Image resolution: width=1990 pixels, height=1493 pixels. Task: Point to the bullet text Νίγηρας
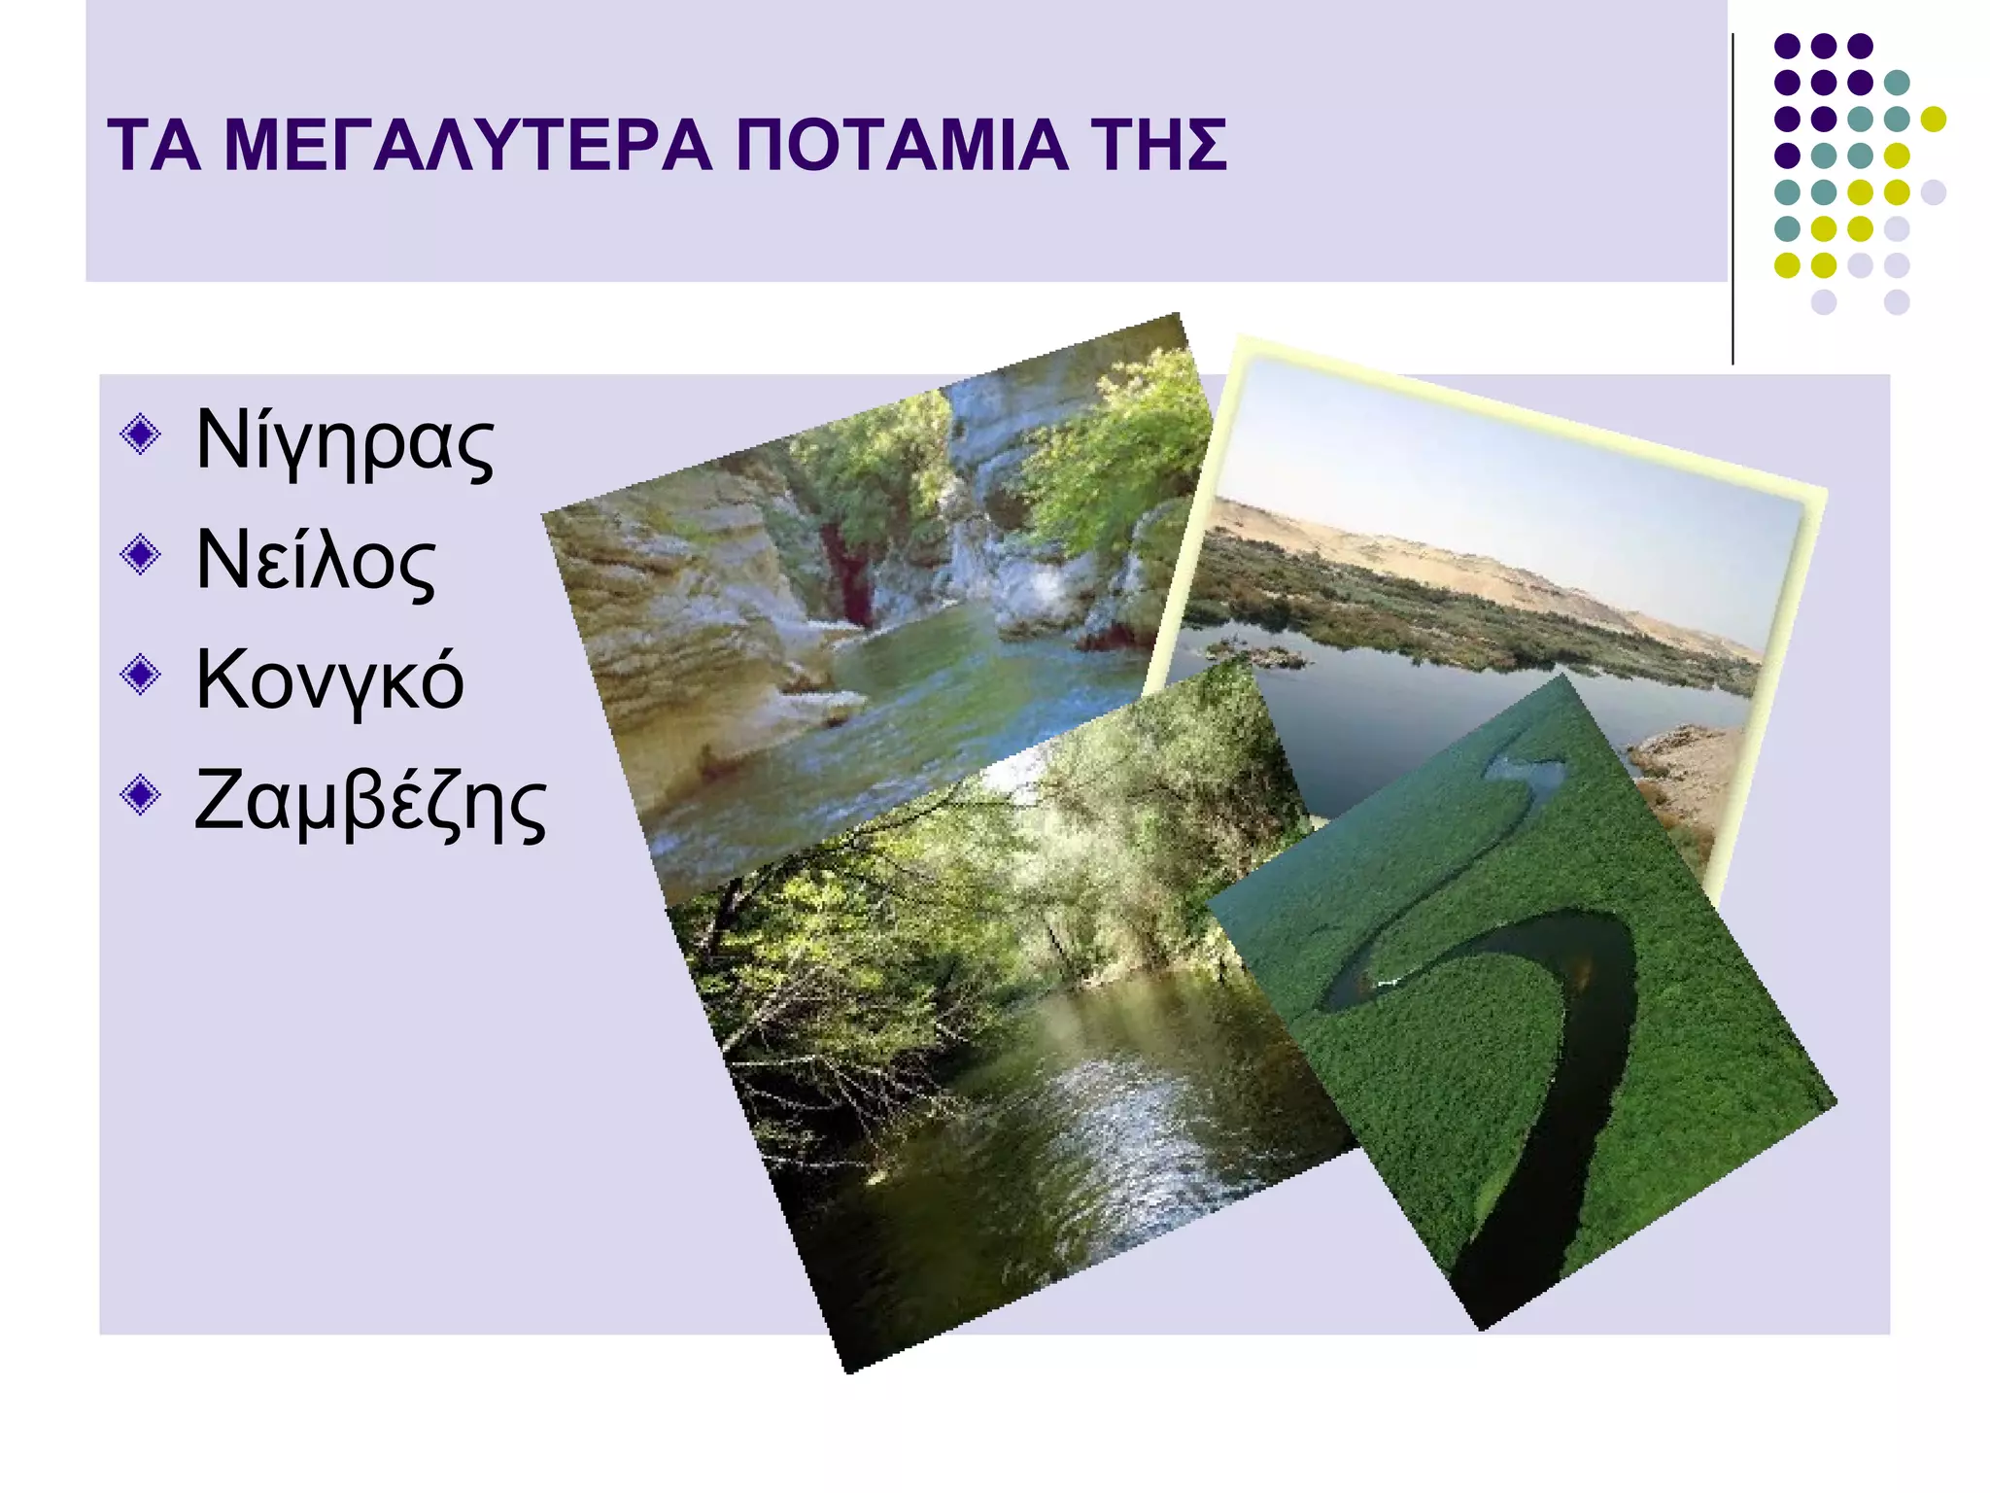(x=344, y=442)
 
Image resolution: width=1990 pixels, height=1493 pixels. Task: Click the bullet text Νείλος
(x=316, y=562)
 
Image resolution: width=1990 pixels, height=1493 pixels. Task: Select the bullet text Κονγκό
(x=329, y=680)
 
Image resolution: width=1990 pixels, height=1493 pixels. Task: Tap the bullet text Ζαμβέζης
(x=369, y=802)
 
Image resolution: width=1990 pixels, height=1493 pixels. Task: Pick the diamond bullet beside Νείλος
(x=141, y=554)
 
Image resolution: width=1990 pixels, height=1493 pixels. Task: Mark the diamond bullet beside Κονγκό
(x=141, y=675)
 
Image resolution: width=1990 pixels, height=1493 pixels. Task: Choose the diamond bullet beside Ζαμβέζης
(x=141, y=794)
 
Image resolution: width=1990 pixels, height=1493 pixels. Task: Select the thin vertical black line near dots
(x=1733, y=194)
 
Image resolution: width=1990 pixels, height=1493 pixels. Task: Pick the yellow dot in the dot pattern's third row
(x=1933, y=119)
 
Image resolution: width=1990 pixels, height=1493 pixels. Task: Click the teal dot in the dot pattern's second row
(x=1896, y=83)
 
